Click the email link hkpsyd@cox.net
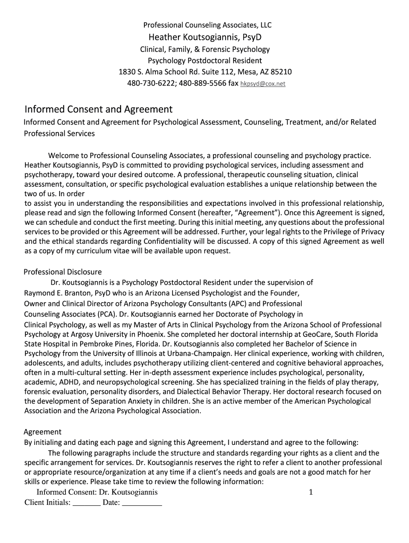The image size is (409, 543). pos(263,84)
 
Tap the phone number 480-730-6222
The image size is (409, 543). pos(149,83)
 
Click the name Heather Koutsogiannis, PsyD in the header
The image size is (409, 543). pos(204,37)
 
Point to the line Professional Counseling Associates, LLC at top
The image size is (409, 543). pos(204,25)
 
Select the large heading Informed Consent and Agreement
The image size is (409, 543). pos(99,109)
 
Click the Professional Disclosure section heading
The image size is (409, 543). pos(63,272)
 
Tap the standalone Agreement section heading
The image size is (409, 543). pos(42,432)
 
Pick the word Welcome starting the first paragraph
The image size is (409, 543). pos(67,155)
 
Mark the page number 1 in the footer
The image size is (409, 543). pos(311,492)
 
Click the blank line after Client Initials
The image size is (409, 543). pos(87,503)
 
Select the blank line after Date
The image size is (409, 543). pos(142,503)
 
